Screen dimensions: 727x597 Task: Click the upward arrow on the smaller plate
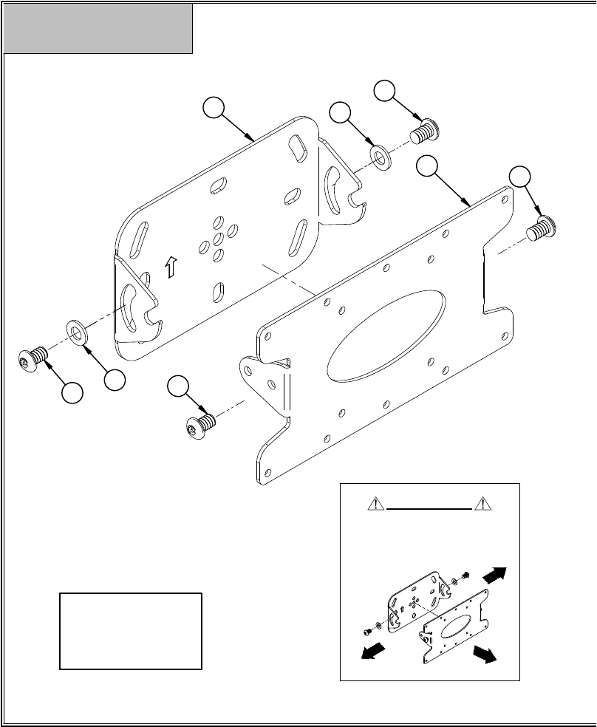pyautogui.click(x=171, y=266)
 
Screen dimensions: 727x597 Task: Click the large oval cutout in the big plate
pyautogui.click(x=386, y=335)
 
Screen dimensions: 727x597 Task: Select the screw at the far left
pyautogui.click(x=33, y=360)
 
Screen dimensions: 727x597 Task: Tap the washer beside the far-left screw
pyautogui.click(x=77, y=332)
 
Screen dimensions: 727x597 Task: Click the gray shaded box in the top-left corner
pyautogui.click(x=98, y=28)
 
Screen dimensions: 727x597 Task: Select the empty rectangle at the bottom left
pyautogui.click(x=131, y=630)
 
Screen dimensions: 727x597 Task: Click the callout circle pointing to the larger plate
pyautogui.click(x=426, y=166)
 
